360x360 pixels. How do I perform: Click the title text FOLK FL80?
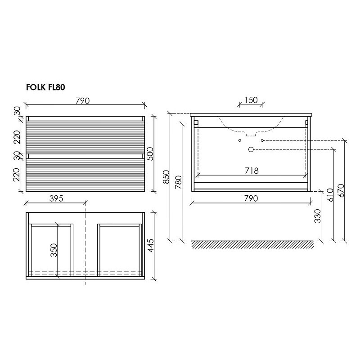(45, 87)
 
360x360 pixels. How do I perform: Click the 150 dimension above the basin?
(251, 100)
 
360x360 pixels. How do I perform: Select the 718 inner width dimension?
(252, 171)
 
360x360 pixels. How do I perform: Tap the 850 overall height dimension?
(166, 177)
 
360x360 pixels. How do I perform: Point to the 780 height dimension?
(179, 182)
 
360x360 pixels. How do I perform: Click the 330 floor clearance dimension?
(317, 216)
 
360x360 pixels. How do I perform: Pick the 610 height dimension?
(330, 195)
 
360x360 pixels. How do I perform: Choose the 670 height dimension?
(341, 191)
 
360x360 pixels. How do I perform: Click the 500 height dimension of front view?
(150, 154)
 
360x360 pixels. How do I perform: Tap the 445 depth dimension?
(150, 246)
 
